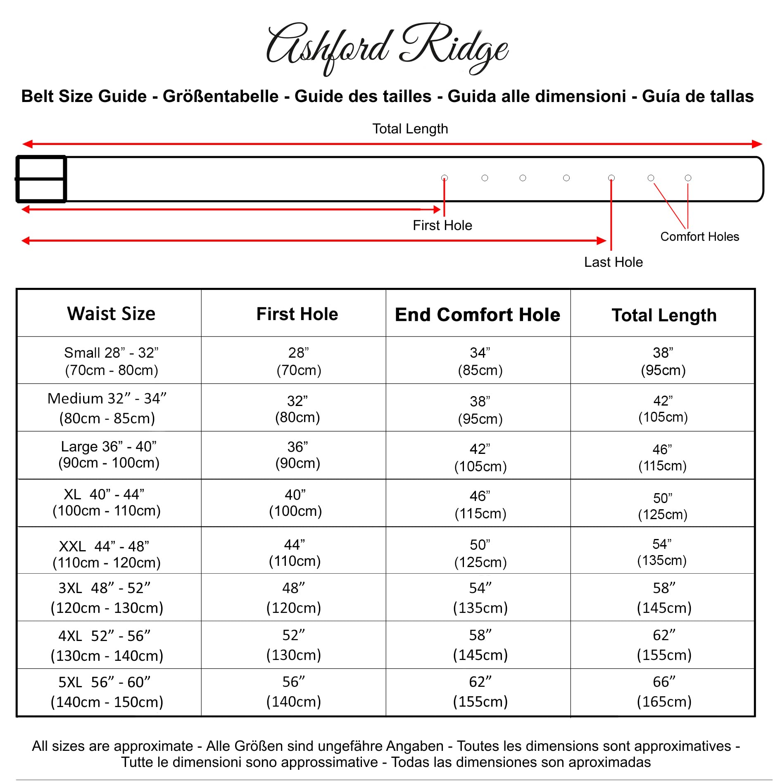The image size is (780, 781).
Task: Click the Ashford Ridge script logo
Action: [387, 49]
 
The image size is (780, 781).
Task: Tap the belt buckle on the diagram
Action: [41, 179]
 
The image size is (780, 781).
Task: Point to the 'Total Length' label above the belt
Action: [410, 129]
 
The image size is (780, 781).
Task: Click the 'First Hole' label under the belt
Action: [442, 226]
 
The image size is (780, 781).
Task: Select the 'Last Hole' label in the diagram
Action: [613, 262]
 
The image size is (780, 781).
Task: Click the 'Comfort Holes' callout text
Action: [699, 237]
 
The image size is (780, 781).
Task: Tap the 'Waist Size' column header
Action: [111, 313]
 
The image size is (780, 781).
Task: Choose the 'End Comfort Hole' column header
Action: [478, 315]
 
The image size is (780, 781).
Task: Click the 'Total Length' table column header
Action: [664, 315]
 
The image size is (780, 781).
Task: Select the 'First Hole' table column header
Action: [297, 314]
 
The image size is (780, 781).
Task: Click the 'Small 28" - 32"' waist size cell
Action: [111, 361]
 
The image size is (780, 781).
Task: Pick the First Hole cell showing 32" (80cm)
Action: [297, 409]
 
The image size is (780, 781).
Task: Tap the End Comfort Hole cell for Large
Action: [480, 457]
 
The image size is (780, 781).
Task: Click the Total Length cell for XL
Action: [663, 506]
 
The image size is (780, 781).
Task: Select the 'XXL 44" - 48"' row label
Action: [106, 554]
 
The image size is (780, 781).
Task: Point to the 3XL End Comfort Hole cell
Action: [480, 598]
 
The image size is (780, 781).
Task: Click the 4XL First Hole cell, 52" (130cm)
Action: [293, 645]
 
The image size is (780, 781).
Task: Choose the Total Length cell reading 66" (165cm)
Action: [664, 691]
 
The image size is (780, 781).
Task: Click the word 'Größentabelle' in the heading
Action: [221, 96]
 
